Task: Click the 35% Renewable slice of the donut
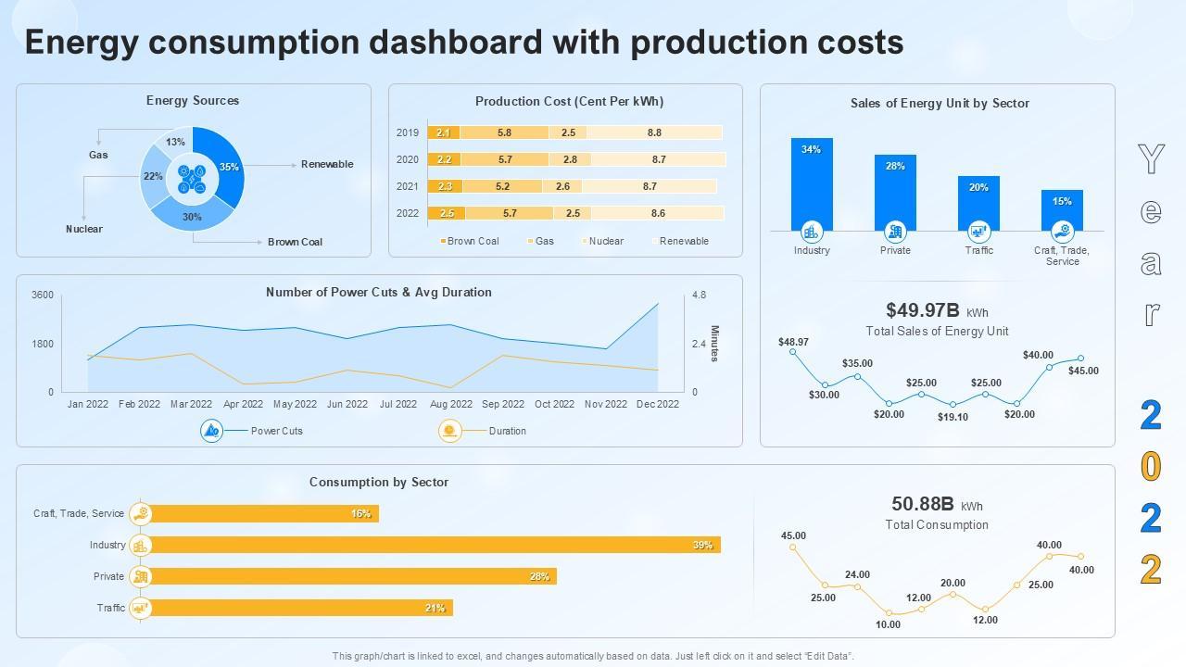click(228, 167)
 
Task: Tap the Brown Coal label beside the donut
click(295, 242)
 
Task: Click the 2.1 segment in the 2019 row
click(444, 132)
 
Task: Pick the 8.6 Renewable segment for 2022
click(658, 213)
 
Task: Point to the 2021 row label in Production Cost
click(408, 186)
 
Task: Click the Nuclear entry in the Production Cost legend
click(606, 241)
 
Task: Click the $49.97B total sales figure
click(923, 310)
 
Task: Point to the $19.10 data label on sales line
click(953, 417)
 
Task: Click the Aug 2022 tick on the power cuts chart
click(451, 404)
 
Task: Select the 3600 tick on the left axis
click(43, 296)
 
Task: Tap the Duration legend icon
click(450, 431)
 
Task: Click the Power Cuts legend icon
click(212, 431)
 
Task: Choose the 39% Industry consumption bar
click(431, 545)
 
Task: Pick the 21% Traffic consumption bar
click(296, 608)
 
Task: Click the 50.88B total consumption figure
click(922, 504)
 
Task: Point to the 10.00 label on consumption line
click(888, 624)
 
